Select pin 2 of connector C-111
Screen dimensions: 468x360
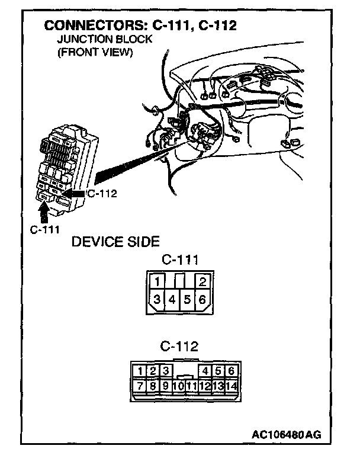click(x=202, y=281)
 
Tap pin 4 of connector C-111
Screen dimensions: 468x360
click(x=172, y=299)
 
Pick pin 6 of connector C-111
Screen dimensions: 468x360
click(x=202, y=299)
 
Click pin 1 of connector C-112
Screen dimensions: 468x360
click(x=140, y=371)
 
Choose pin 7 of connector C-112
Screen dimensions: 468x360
click(x=140, y=386)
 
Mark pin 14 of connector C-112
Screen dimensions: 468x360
click(x=231, y=386)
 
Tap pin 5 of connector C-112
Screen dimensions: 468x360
click(x=218, y=371)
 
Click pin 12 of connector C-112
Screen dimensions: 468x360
click(x=205, y=386)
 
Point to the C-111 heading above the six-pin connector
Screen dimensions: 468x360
click(x=179, y=259)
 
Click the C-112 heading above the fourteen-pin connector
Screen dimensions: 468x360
click(x=179, y=346)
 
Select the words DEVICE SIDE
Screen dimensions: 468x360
click(x=115, y=242)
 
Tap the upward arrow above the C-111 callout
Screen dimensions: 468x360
click(x=44, y=211)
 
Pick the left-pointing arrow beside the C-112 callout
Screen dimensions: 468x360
click(x=73, y=193)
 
